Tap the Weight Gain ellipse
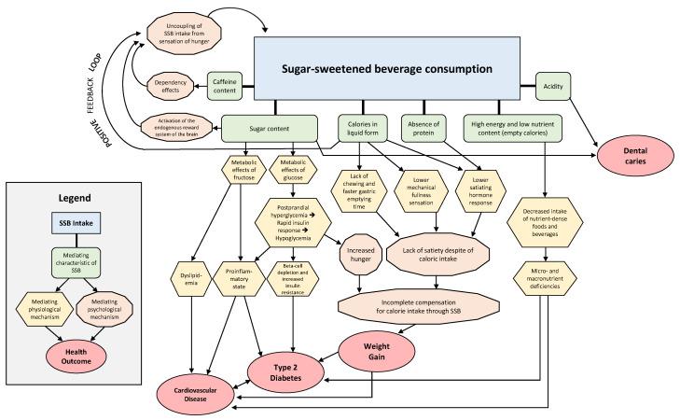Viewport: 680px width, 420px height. point(378,353)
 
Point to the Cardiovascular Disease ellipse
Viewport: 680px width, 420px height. point(199,393)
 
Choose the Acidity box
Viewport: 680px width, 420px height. point(552,86)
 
